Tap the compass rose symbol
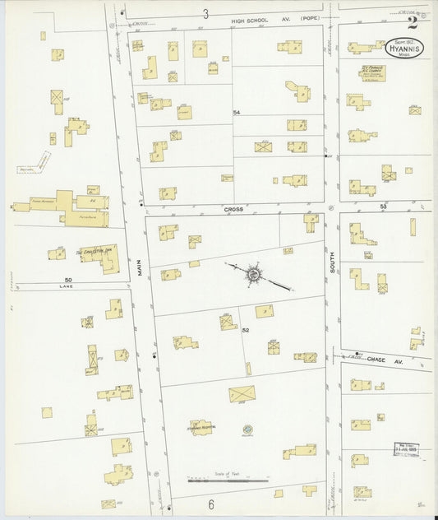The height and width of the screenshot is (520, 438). click(253, 274)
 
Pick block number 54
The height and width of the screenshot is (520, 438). click(237, 111)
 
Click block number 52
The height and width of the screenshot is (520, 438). click(245, 330)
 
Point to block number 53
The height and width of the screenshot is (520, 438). click(383, 207)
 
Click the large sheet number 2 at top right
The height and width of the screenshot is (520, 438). click(412, 22)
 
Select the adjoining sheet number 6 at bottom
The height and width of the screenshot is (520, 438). click(210, 504)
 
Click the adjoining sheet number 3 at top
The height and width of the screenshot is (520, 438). click(206, 13)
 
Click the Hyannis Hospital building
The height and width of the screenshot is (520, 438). click(201, 428)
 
